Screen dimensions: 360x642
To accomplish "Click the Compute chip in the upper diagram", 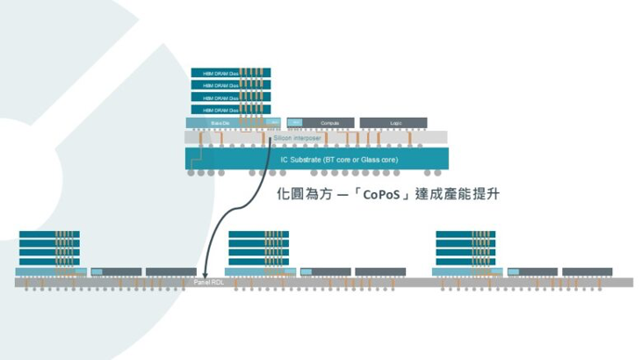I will tap(328, 123).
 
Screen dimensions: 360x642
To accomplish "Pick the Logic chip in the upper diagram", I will tap(394, 123).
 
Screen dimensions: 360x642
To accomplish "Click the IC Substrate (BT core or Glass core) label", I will tap(338, 160).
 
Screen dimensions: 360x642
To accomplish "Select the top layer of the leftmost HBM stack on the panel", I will tap(49, 235).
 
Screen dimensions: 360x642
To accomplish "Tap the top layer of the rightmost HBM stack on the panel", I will tap(466, 235).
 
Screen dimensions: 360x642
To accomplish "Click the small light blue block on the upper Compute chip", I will tap(295, 123).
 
